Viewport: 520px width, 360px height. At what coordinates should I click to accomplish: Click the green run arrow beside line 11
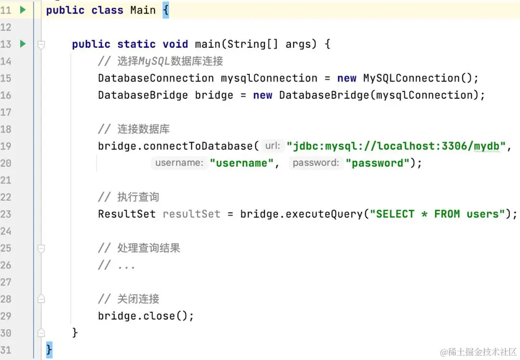point(23,10)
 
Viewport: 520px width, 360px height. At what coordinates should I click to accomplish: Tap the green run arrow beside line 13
point(23,44)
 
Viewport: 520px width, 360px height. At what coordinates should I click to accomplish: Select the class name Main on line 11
point(143,10)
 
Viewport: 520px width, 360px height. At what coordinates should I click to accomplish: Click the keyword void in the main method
point(175,44)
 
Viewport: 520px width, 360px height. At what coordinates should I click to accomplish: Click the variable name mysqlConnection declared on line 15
point(269,78)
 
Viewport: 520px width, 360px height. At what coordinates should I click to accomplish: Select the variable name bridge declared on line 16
point(214,95)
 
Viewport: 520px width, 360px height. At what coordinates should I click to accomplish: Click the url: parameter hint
point(273,146)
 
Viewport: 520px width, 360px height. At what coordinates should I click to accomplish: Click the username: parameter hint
point(179,163)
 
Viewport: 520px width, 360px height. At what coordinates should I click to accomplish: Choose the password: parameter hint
point(316,163)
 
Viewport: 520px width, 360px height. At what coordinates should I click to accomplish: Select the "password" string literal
point(377,163)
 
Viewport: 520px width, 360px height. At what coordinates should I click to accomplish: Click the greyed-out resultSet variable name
point(191,214)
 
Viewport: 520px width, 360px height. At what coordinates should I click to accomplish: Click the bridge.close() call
point(145,316)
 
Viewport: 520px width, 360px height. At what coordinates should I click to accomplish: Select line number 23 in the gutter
point(6,214)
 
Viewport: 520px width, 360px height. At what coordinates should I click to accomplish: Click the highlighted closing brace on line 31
point(49,350)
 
